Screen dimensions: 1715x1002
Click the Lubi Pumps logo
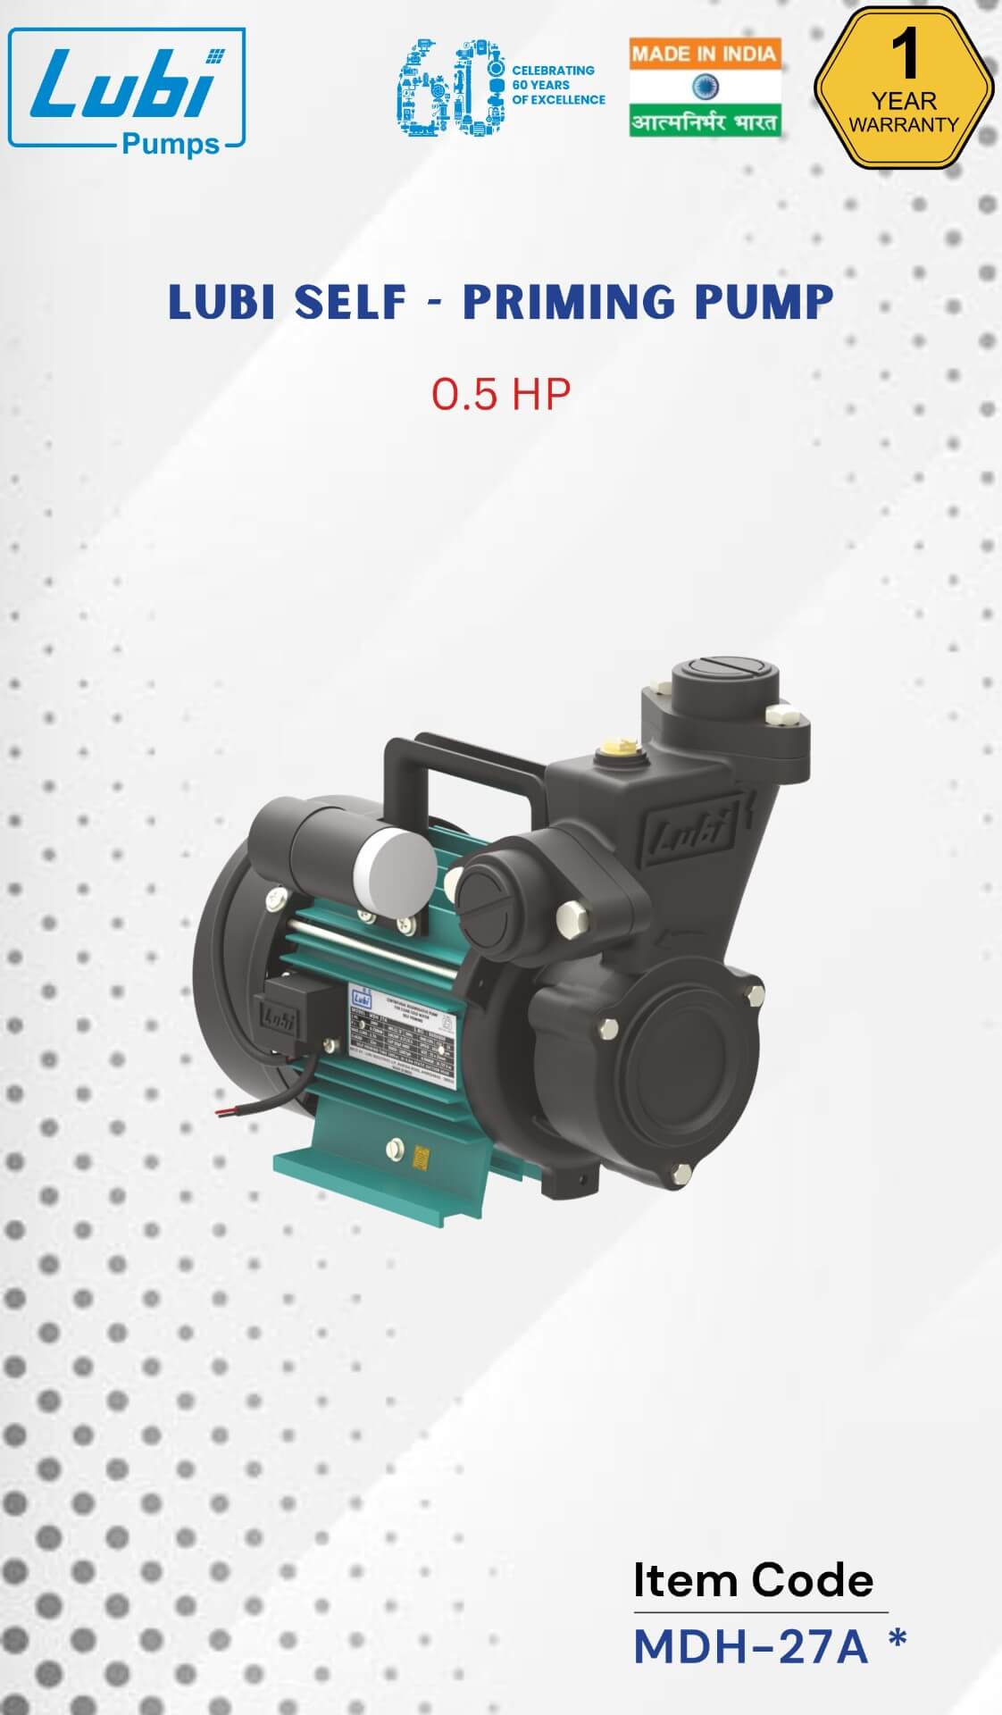[x=127, y=89]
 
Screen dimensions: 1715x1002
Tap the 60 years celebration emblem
[x=500, y=87]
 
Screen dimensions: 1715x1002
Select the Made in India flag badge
[x=705, y=88]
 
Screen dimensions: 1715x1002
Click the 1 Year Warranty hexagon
[x=904, y=88]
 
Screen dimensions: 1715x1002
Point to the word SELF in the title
[x=350, y=302]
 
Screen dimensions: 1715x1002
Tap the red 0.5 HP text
[x=500, y=394]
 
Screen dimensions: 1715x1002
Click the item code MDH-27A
[x=750, y=1647]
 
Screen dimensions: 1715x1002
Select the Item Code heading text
[x=753, y=1580]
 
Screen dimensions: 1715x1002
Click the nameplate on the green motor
[x=402, y=1027]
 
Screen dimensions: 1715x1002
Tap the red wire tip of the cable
[x=221, y=1111]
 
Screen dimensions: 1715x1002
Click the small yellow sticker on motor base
[x=419, y=1159]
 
